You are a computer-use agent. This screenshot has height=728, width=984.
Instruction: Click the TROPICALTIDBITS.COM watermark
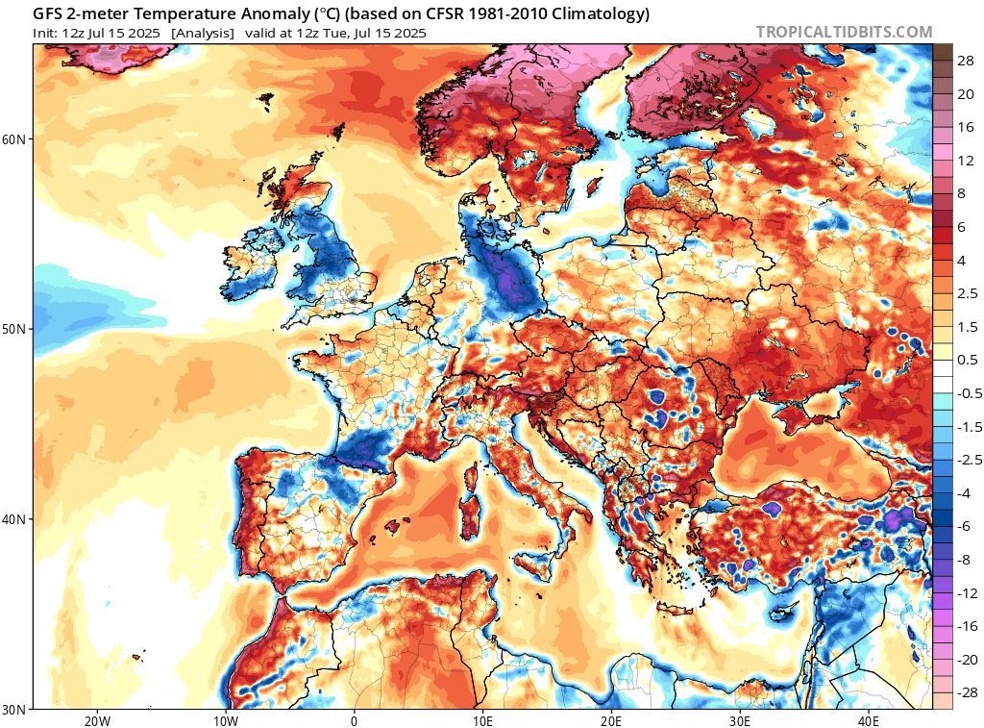(x=844, y=32)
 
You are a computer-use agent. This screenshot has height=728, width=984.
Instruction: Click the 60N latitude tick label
(x=14, y=138)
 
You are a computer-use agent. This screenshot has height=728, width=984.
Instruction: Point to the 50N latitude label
(x=14, y=329)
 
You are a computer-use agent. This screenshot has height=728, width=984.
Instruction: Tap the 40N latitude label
(x=14, y=519)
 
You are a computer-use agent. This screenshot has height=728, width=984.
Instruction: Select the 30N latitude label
(x=14, y=709)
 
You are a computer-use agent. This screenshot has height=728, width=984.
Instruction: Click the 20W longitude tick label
(x=96, y=720)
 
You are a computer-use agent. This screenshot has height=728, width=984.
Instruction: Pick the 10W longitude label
(x=225, y=720)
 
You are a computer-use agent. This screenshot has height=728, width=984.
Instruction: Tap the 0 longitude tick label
(x=354, y=720)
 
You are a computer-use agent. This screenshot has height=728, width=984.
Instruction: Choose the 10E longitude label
(x=482, y=720)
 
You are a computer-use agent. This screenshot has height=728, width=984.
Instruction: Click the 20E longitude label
(x=611, y=720)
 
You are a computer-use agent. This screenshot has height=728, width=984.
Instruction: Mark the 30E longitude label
(x=740, y=720)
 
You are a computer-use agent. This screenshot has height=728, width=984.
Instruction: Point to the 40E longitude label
(x=869, y=720)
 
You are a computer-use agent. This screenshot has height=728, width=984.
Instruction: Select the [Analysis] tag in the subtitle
(x=203, y=33)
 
